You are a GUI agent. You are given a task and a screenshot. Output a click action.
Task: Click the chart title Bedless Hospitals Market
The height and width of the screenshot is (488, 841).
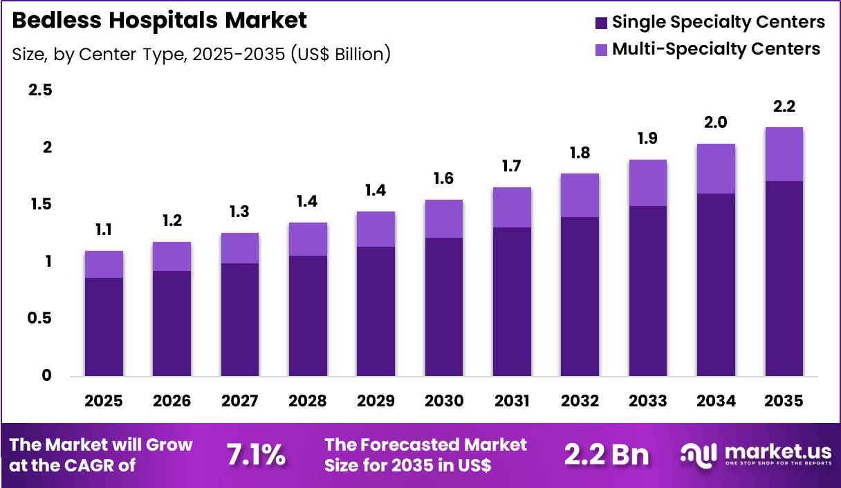pos(160,20)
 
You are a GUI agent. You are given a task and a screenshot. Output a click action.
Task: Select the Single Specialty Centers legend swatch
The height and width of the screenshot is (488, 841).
pos(601,22)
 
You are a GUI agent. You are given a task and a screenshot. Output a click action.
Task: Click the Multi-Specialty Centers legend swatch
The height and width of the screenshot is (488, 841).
pos(601,49)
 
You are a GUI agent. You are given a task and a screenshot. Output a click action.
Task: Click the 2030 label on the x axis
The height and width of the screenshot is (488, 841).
pos(443,401)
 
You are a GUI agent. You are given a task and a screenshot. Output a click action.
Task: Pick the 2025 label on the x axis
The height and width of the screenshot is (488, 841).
pos(104,401)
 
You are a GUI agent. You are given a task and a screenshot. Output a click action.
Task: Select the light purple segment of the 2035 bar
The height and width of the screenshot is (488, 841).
pos(784,154)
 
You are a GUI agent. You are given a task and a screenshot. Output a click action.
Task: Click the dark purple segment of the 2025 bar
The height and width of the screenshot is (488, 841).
pos(104,327)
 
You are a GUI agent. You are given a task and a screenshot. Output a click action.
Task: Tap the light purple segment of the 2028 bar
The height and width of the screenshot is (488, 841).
pos(308,239)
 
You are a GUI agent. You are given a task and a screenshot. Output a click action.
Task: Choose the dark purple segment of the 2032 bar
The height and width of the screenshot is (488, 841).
pos(580,297)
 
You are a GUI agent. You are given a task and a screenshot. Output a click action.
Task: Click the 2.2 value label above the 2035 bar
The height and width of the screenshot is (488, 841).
pos(784,106)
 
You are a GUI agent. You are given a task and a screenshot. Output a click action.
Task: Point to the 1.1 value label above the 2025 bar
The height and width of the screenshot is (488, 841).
pos(104,230)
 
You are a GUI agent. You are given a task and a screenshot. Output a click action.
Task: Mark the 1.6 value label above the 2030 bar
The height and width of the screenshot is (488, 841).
pos(443,179)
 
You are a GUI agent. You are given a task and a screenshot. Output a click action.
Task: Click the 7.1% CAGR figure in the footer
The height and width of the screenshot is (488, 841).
pos(256,455)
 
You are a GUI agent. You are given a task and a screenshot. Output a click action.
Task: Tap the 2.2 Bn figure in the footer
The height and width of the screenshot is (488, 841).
pos(607,455)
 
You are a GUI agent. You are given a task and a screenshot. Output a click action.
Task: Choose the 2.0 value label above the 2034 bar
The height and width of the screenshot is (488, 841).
pos(716,123)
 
